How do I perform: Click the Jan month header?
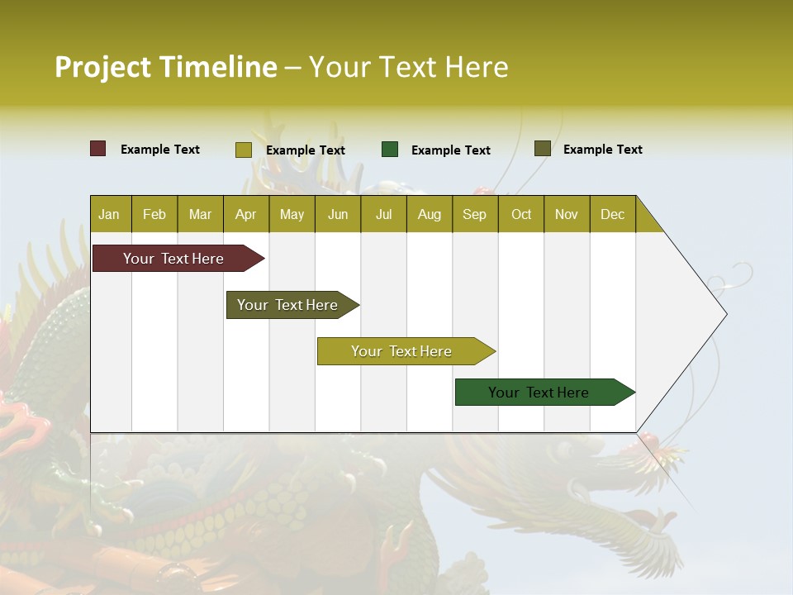[110, 214]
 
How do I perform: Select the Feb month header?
[154, 214]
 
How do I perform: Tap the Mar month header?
[200, 214]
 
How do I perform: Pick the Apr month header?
[246, 214]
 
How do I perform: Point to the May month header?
[292, 214]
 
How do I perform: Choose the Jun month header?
[338, 214]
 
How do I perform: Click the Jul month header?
[383, 214]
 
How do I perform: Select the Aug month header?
[430, 214]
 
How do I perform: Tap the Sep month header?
[475, 214]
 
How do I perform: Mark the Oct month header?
[521, 214]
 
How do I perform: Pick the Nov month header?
[567, 214]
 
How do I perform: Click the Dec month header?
[613, 214]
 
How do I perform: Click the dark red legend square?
[98, 149]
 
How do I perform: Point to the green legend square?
[390, 150]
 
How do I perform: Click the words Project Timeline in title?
[166, 67]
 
